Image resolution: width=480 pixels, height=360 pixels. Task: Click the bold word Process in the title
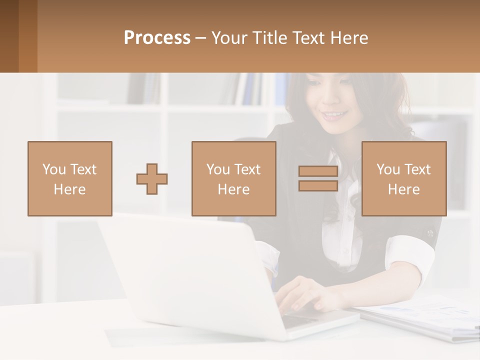click(157, 38)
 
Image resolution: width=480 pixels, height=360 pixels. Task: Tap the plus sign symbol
click(152, 178)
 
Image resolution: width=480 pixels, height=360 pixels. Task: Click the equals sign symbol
click(318, 178)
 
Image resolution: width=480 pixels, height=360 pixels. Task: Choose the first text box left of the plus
click(70, 178)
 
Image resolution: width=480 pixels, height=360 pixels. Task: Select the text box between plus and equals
click(233, 178)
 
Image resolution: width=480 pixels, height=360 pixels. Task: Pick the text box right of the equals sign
click(403, 178)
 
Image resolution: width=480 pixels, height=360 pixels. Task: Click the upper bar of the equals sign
click(318, 171)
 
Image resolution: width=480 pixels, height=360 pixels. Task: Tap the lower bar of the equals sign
click(318, 185)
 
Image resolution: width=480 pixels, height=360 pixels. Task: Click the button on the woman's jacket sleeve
click(429, 233)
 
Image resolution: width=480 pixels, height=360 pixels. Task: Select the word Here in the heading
click(349, 38)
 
